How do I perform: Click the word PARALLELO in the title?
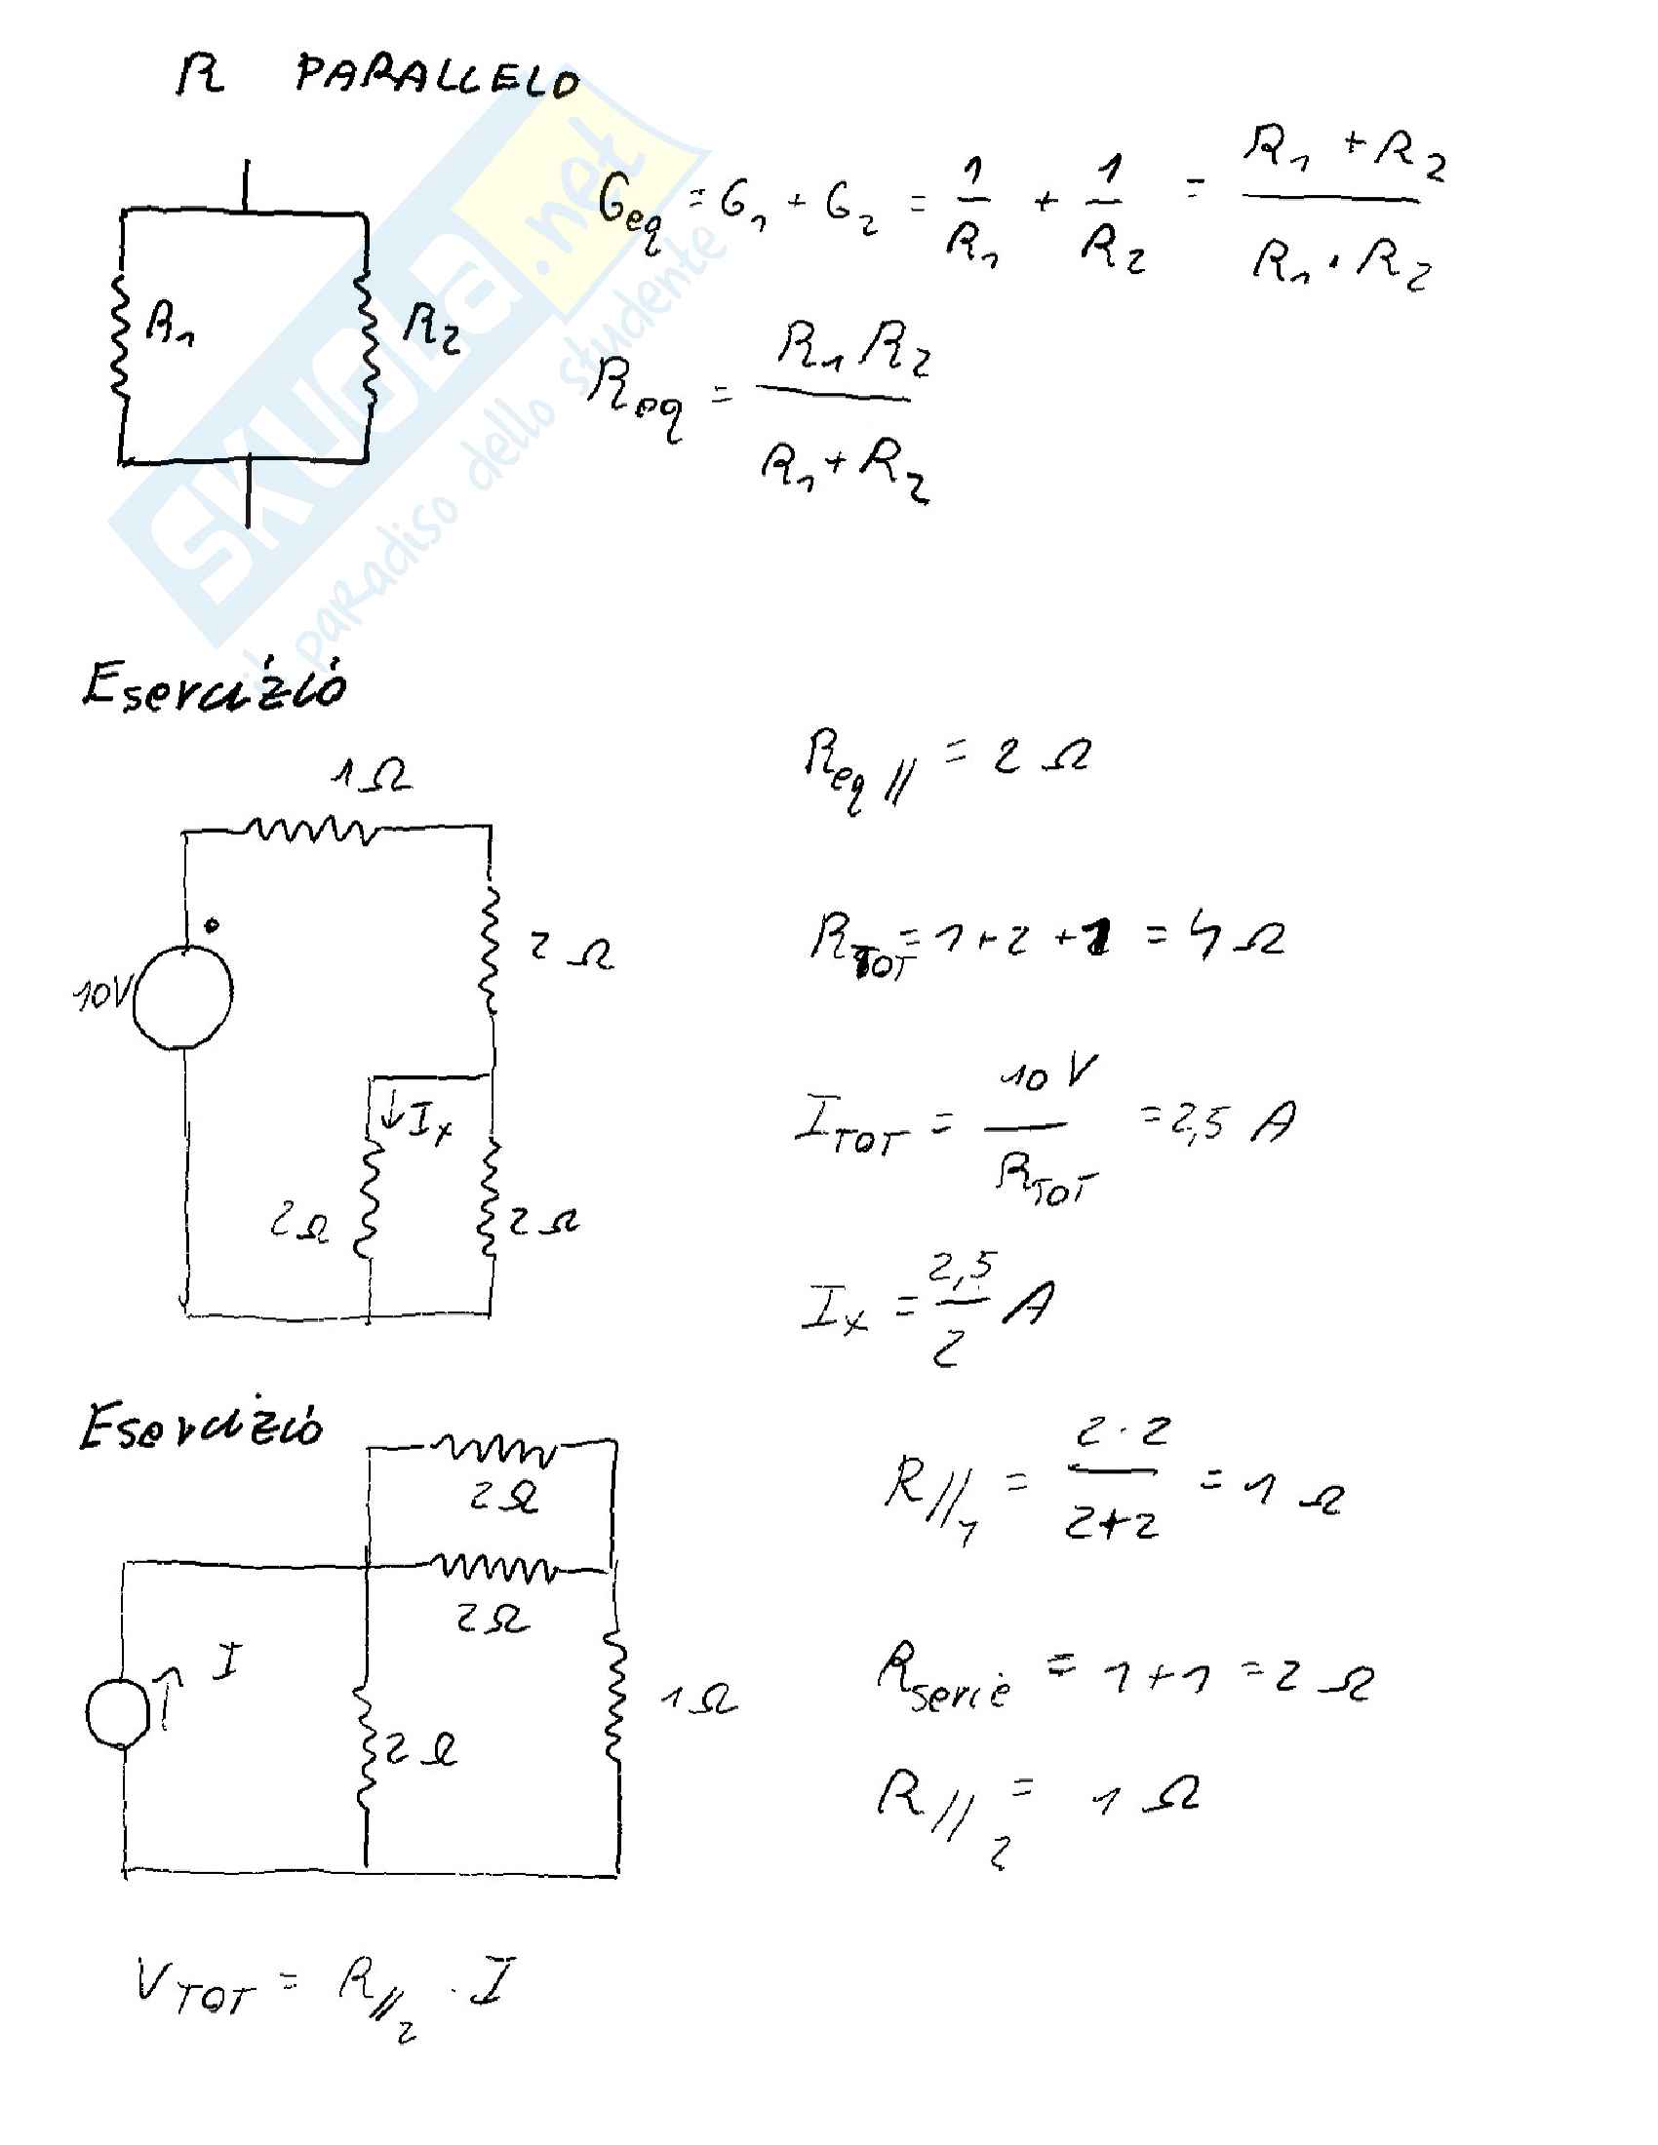coord(437,77)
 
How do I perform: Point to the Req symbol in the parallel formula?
coord(636,398)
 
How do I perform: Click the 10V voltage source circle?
coord(182,996)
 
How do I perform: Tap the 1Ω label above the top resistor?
coord(371,775)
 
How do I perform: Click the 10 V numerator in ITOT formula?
coord(1047,1073)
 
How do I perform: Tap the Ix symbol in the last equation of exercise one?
coord(834,1310)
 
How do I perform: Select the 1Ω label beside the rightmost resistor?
coord(698,1700)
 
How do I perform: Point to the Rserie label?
coord(943,1679)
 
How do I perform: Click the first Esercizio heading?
coord(215,684)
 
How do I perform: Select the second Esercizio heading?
coord(201,1426)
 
